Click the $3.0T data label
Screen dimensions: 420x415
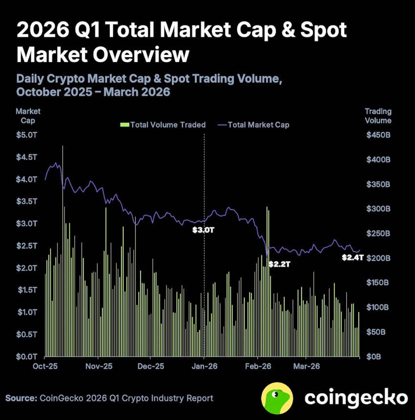point(204,229)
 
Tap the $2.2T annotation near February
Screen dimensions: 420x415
point(280,264)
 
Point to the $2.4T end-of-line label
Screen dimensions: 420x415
point(352,257)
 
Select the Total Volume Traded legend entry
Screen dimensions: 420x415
point(163,125)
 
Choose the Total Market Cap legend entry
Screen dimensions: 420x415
point(253,125)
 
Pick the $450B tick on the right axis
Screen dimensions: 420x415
point(378,135)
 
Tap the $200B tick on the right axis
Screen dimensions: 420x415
point(378,258)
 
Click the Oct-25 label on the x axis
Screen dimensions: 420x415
point(45,366)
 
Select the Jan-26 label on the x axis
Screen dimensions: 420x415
point(204,366)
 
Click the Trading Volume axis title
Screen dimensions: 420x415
point(378,116)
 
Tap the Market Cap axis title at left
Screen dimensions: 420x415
point(28,116)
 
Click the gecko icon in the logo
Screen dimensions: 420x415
point(277,397)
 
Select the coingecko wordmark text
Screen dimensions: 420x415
point(356,397)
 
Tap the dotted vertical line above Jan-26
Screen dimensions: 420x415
point(204,176)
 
